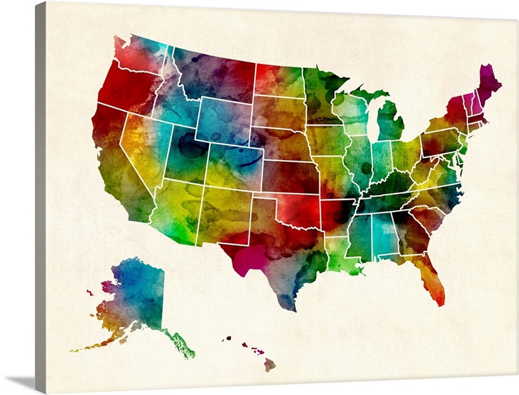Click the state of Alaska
(x=136, y=292)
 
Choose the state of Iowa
(x=327, y=140)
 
